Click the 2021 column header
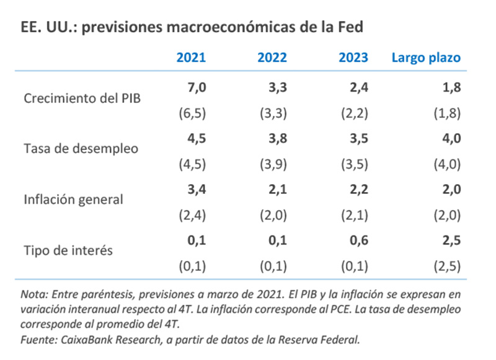pos(191,58)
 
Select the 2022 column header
pos(272,58)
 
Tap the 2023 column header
pos(353,58)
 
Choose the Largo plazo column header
pos(426,58)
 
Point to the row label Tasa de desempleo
pos(81,148)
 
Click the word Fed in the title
pos(351,27)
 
